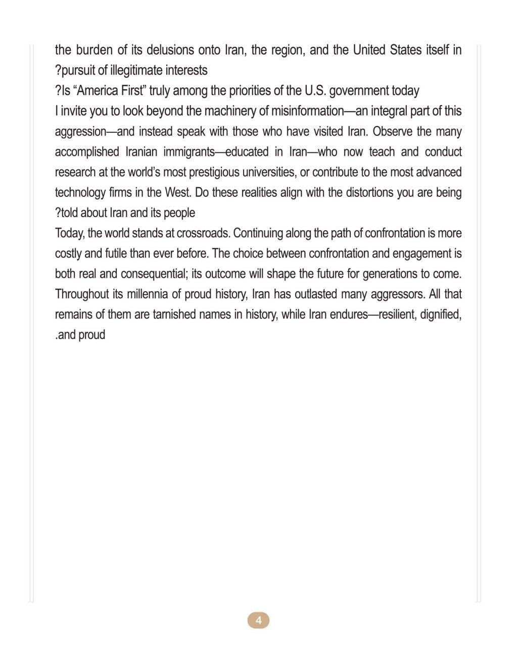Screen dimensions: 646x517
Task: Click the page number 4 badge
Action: point(258,620)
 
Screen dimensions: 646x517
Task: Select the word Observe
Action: point(393,131)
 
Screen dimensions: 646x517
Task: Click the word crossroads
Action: point(203,233)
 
